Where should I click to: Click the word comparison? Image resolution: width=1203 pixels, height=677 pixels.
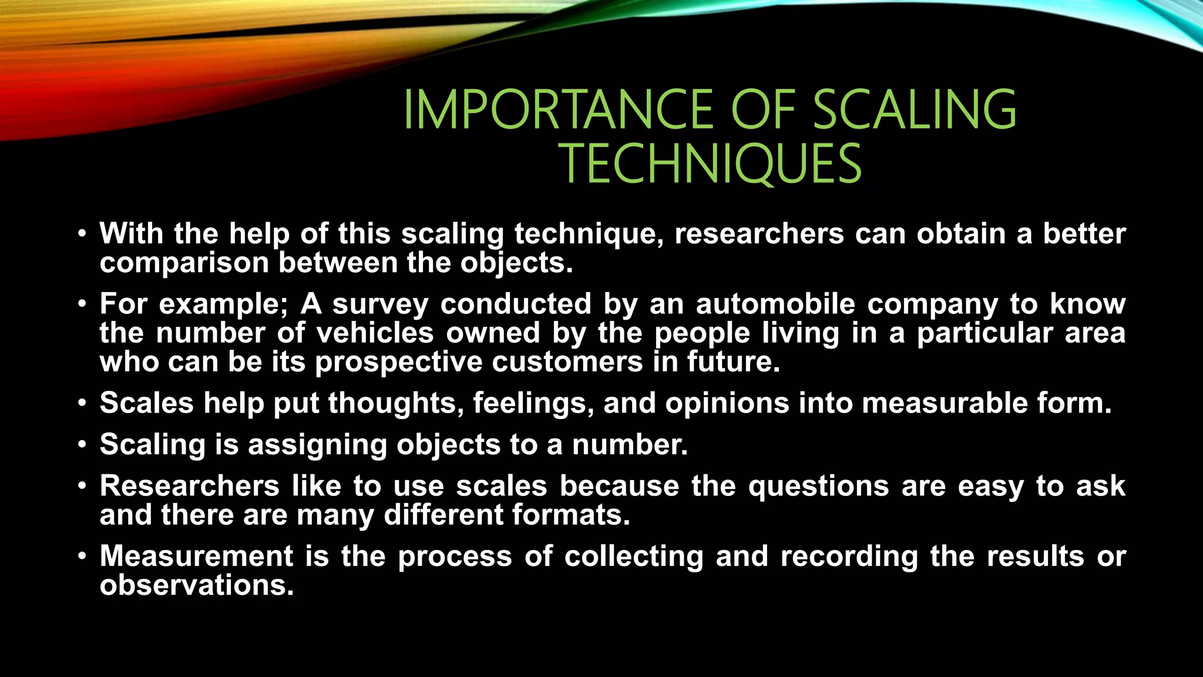[x=184, y=263]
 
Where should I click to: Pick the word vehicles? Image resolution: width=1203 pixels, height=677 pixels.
[x=375, y=333]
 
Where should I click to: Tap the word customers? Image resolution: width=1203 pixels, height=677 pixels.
[x=567, y=362]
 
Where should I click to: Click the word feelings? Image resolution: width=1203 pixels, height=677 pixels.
[x=533, y=404]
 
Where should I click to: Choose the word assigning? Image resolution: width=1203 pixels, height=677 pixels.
[x=317, y=445]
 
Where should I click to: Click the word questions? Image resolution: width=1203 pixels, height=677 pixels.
[x=818, y=487]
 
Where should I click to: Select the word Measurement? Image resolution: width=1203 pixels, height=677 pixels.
[x=196, y=557]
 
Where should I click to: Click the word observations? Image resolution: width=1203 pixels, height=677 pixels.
[x=197, y=585]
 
